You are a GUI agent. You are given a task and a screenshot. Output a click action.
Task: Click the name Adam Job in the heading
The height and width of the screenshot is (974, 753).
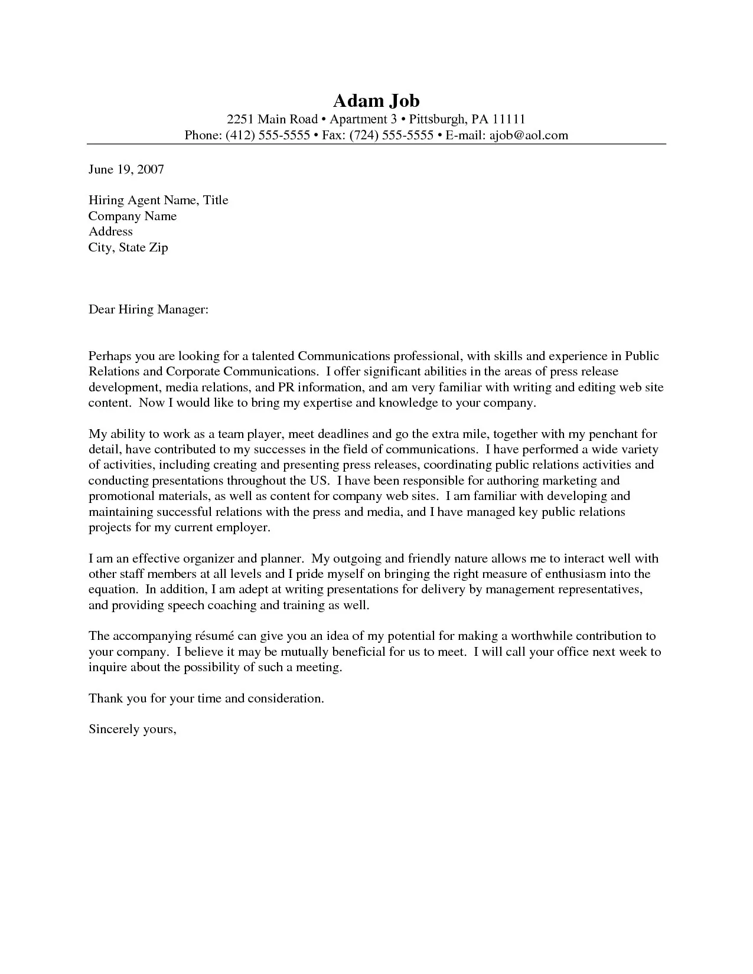point(376,100)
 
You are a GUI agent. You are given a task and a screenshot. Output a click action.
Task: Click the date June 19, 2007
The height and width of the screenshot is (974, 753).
point(126,169)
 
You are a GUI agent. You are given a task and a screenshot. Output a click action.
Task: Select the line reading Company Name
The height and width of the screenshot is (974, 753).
point(132,216)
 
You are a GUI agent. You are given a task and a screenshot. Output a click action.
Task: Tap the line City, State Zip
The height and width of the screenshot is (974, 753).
point(128,247)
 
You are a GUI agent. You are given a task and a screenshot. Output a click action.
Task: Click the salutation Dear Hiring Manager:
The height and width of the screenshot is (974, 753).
point(148,309)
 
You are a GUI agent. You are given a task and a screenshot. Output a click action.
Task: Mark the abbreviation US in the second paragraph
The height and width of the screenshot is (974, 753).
point(315,481)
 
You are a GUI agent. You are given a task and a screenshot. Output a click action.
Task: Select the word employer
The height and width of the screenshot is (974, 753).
point(244,527)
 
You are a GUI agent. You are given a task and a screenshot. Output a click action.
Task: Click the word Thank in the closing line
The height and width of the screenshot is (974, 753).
point(105,698)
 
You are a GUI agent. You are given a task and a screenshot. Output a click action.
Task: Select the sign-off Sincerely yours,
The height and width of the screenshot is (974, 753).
point(132,730)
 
